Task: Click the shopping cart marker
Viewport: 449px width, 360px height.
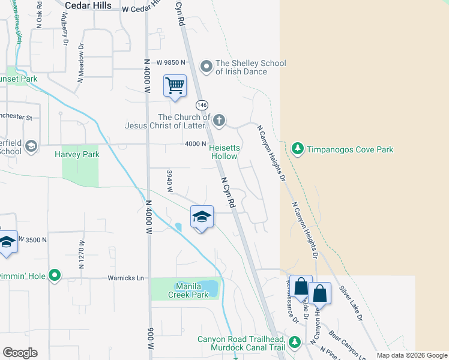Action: (x=175, y=85)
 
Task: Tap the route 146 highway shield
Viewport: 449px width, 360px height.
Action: (x=202, y=104)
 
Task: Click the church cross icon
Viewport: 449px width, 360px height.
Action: (x=219, y=121)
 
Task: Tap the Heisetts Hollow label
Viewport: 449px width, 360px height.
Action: (x=223, y=150)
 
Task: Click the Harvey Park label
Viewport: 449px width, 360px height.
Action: (x=77, y=154)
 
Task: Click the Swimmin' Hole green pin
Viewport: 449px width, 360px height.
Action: (x=55, y=276)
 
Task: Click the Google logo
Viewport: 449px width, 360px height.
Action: (x=20, y=353)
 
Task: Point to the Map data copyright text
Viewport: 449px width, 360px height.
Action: (x=411, y=355)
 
